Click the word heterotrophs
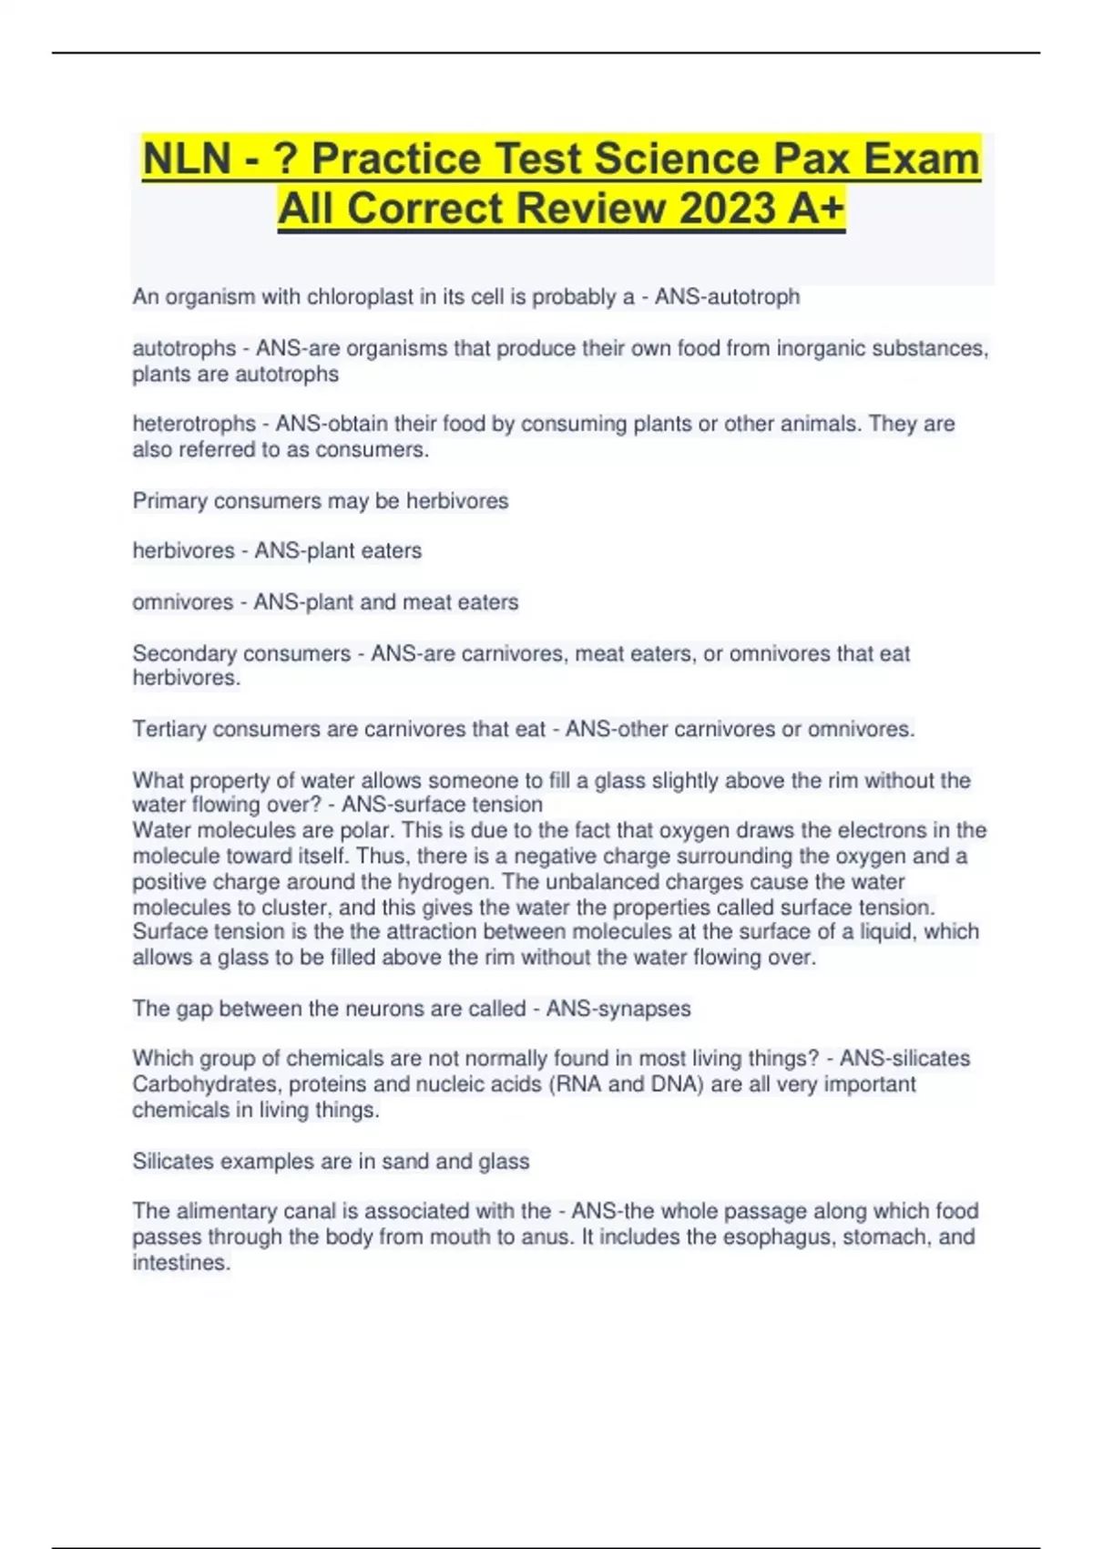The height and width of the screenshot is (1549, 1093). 194,424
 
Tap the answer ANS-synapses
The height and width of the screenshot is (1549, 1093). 618,1009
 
